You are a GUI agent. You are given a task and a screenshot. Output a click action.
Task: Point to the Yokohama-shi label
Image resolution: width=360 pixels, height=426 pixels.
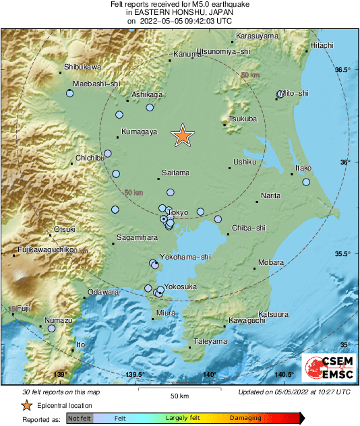(x=185, y=257)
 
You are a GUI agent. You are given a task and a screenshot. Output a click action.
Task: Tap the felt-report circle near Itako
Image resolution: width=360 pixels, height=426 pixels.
(x=306, y=182)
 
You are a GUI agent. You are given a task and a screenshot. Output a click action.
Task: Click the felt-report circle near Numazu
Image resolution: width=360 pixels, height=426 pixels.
(x=51, y=329)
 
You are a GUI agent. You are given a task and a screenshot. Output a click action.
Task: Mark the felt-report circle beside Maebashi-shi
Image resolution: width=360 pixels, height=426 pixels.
(x=70, y=94)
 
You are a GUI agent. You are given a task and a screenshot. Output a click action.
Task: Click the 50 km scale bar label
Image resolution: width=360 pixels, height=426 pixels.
(x=179, y=395)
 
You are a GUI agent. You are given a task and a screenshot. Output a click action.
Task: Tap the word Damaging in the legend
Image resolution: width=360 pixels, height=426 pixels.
(x=245, y=418)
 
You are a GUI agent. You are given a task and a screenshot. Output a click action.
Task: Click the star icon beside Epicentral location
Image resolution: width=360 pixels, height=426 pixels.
(x=26, y=405)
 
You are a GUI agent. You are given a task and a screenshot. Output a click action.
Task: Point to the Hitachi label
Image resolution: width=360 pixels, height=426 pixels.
(x=322, y=45)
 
